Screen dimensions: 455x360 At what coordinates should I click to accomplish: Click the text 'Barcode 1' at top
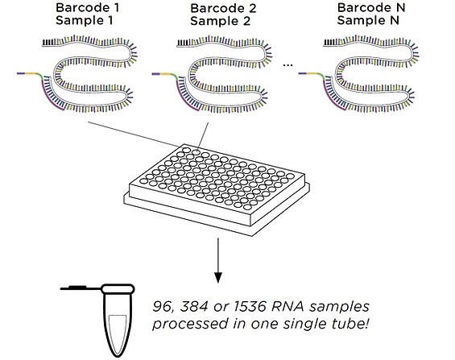pyautogui.click(x=87, y=7)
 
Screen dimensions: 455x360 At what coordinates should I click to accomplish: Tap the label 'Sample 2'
pyautogui.click(x=220, y=21)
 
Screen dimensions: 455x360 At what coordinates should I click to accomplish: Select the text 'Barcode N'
pyautogui.click(x=371, y=7)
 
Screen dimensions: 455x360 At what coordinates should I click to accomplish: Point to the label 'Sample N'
pyautogui.click(x=368, y=20)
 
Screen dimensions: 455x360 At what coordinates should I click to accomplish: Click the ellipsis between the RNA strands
pyautogui.click(x=287, y=65)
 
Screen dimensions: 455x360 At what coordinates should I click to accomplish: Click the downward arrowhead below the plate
pyautogui.click(x=218, y=277)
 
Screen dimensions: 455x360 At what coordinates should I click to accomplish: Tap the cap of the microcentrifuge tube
pyautogui.click(x=118, y=288)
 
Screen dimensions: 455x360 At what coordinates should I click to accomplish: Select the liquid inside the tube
pyautogui.click(x=118, y=334)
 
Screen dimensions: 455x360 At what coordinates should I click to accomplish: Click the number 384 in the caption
pyautogui.click(x=194, y=307)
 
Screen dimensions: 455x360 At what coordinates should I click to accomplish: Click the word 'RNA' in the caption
pyautogui.click(x=287, y=307)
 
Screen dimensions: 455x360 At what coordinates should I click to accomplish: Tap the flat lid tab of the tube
pyautogui.click(x=77, y=288)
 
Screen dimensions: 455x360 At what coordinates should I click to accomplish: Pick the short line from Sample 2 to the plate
pyautogui.click(x=203, y=136)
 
